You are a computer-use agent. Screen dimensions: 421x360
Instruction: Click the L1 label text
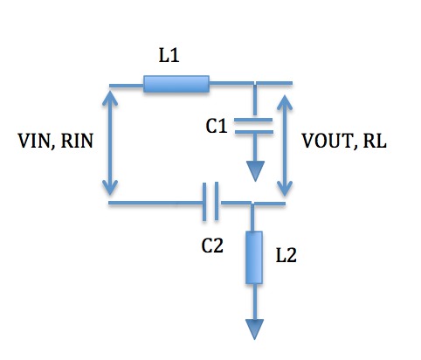tap(169, 55)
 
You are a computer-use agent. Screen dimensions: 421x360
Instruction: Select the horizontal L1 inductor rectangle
tap(176, 84)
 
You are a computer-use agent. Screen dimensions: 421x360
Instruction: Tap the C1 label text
tap(217, 127)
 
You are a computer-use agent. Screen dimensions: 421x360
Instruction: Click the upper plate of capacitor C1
tap(253, 120)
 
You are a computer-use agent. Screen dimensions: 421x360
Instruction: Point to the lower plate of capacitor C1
tap(254, 132)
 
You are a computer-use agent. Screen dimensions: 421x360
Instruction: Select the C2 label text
tap(212, 246)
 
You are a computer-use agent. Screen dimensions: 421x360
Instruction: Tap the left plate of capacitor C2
tap(204, 202)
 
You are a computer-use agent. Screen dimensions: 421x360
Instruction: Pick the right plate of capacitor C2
tap(217, 201)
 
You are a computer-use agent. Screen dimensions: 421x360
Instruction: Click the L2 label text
tap(286, 256)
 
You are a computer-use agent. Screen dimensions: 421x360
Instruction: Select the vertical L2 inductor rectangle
tap(254, 257)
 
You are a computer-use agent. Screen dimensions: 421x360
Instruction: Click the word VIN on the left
tap(33, 141)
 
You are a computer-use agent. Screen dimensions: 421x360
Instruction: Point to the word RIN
tap(77, 141)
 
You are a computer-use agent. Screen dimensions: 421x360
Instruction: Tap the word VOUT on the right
tap(327, 141)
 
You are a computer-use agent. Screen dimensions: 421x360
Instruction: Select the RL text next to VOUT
tap(375, 141)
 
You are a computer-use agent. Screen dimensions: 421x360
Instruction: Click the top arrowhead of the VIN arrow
tap(110, 98)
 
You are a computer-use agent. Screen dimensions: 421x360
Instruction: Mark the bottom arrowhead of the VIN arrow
tap(110, 187)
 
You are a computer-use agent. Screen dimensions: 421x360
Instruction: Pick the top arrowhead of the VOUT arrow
tap(285, 102)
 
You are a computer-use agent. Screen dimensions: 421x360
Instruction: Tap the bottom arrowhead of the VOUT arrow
tap(285, 189)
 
